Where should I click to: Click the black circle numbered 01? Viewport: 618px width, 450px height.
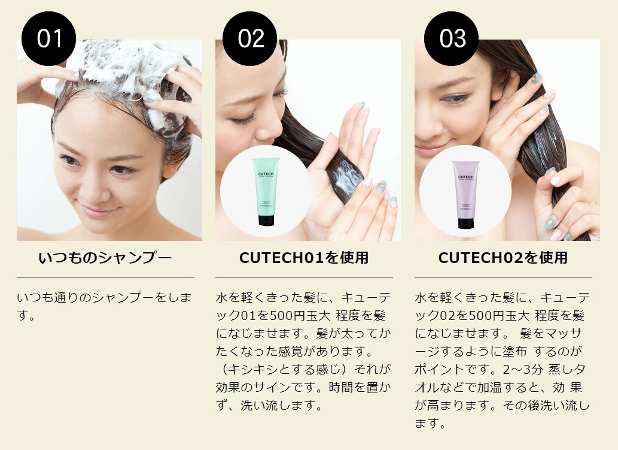49,38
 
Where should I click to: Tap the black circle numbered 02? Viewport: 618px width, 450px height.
250,38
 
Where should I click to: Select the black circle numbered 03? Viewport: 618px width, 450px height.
451,38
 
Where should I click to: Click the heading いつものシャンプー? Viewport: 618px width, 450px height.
105,258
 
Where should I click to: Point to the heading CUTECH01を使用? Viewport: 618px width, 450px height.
304,258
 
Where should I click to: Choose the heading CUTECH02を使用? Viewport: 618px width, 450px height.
503,258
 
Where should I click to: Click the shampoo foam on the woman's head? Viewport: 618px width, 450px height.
129,69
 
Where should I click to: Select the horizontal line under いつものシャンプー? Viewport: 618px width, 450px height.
105,277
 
